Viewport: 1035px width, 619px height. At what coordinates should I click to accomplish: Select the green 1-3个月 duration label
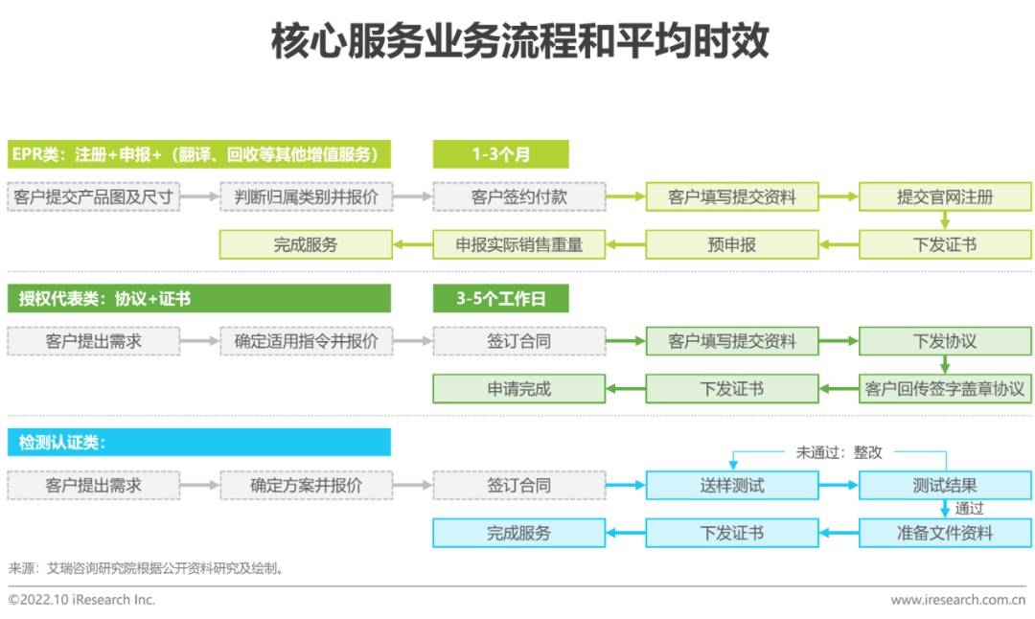click(500, 154)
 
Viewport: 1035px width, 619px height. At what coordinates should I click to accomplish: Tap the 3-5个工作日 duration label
click(500, 299)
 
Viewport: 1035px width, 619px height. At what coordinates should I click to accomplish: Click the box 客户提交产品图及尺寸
click(94, 197)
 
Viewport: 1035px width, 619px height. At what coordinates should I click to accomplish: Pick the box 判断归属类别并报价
click(306, 197)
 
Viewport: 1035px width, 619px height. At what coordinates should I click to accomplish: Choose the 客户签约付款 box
click(518, 197)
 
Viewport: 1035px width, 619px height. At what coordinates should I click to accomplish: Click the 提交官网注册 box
click(944, 197)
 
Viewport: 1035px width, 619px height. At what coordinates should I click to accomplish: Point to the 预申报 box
click(731, 244)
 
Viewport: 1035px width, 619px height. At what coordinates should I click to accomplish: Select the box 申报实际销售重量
click(518, 244)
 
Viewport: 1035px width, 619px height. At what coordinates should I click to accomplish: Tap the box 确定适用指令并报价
click(306, 341)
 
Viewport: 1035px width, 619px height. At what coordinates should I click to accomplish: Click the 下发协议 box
click(944, 341)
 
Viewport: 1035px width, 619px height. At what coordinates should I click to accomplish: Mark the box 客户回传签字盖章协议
click(944, 388)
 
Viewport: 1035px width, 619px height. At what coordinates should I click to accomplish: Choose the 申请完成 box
click(518, 388)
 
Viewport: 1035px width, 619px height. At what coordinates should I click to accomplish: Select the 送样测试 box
click(731, 485)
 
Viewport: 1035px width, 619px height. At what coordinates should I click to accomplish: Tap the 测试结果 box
click(944, 485)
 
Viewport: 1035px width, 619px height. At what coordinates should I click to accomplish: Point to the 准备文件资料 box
click(944, 533)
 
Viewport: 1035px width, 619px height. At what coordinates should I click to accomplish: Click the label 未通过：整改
click(839, 451)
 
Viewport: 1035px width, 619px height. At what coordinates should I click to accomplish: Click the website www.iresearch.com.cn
click(957, 600)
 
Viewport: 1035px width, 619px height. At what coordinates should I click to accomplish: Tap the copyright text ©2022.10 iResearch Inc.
click(81, 600)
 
